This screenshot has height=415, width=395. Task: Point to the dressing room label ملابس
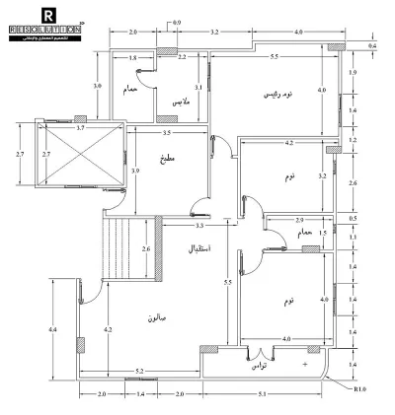pos(181,102)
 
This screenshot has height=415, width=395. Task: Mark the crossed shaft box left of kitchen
pos(74,155)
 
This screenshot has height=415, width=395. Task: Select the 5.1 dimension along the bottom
pos(277,395)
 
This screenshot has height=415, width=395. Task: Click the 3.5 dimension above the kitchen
pos(167,131)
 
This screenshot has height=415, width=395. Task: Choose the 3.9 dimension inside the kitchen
pos(135,171)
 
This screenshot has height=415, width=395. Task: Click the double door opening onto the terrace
pos(261,352)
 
